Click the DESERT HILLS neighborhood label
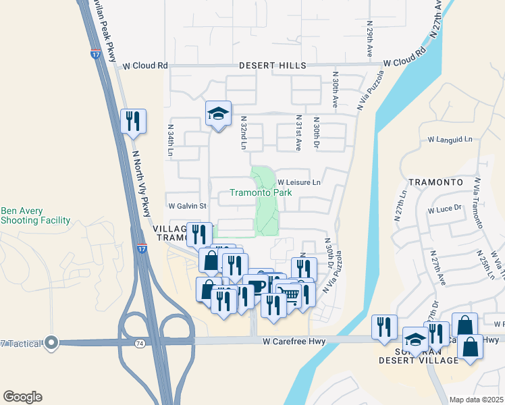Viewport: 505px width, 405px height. click(273, 65)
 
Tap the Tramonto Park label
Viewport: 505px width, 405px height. click(261, 192)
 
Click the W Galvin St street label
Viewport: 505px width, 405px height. click(187, 205)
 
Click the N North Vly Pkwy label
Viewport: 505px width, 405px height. click(141, 182)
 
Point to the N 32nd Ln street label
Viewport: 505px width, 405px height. click(244, 132)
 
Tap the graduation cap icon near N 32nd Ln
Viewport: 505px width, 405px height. click(218, 113)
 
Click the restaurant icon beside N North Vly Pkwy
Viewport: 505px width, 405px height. click(132, 122)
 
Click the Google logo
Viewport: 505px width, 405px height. click(22, 397)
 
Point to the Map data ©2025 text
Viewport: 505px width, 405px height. click(476, 400)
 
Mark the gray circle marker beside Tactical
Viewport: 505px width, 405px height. click(50, 343)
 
